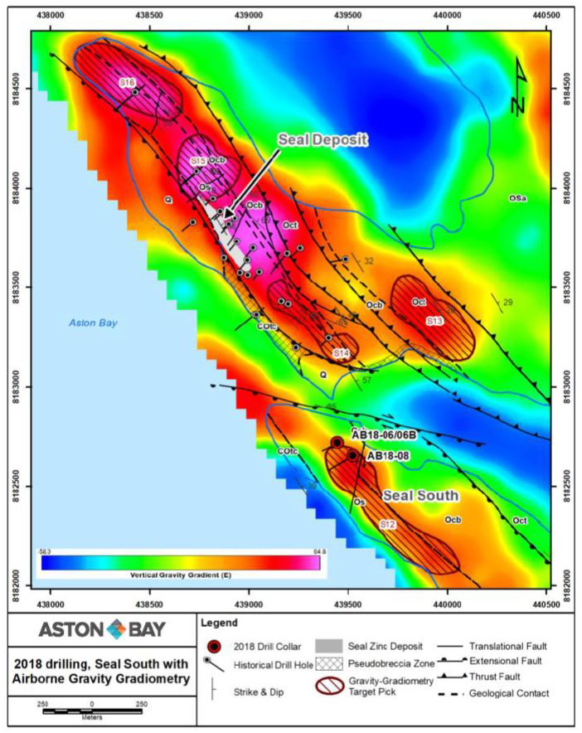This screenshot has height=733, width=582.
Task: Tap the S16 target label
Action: pos(127,82)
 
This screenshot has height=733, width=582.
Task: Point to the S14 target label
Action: pos(341,354)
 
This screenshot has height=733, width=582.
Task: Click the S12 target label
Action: pos(387,525)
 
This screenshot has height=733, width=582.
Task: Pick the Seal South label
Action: pos(420,496)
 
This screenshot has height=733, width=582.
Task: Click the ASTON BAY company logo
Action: pos(98,629)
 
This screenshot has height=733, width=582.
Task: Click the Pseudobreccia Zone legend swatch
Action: pos(357,662)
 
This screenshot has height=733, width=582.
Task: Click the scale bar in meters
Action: pos(91,711)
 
